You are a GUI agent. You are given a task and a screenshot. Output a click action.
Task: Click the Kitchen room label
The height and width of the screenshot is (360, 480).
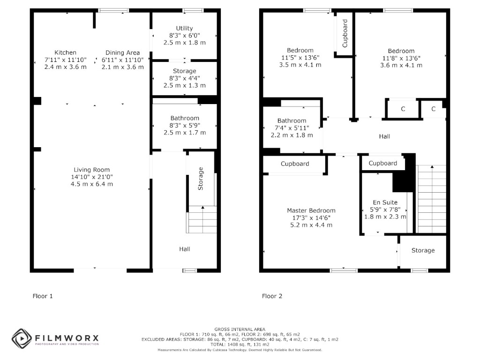click(x=65, y=52)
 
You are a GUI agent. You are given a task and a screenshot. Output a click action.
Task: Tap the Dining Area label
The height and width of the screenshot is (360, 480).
click(x=122, y=53)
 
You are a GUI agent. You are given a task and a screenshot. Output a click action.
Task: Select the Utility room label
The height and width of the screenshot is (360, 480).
click(x=184, y=29)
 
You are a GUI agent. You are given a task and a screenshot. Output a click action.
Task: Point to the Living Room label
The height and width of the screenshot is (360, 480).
click(x=91, y=170)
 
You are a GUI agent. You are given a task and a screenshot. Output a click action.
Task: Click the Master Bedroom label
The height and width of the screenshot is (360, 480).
click(x=311, y=210)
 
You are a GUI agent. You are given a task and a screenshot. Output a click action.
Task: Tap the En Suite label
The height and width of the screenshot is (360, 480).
click(x=385, y=202)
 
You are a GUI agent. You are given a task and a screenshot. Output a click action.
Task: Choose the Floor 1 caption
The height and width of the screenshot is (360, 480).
click(x=43, y=296)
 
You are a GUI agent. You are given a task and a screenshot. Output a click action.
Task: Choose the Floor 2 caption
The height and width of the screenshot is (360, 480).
click(x=272, y=296)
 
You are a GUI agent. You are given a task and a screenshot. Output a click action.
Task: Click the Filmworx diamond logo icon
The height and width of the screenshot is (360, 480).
click(x=22, y=338)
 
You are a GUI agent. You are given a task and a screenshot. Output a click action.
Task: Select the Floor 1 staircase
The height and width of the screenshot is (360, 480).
click(x=202, y=219)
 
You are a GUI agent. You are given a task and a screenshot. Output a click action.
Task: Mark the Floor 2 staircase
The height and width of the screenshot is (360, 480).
click(x=432, y=199)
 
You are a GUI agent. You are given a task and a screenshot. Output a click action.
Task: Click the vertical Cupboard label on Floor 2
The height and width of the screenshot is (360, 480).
click(x=345, y=33)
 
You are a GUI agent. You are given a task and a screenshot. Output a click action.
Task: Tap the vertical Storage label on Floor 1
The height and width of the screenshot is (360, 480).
click(x=201, y=179)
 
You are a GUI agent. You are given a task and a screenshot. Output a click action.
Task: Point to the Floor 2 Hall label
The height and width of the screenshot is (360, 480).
click(x=384, y=136)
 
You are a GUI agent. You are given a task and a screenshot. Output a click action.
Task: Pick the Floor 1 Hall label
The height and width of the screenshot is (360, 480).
click(x=185, y=249)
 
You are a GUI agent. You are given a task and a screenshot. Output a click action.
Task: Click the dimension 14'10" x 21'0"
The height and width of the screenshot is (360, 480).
click(x=92, y=177)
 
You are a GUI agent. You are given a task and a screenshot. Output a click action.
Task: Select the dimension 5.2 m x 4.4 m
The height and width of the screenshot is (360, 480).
click(x=311, y=225)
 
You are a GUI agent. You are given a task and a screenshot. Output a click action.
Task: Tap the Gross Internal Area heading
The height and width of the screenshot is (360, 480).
click(x=240, y=330)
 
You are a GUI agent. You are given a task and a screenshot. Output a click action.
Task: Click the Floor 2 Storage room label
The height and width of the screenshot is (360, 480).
click(x=423, y=250)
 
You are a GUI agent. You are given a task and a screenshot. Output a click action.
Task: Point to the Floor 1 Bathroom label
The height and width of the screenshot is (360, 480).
click(x=185, y=118)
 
